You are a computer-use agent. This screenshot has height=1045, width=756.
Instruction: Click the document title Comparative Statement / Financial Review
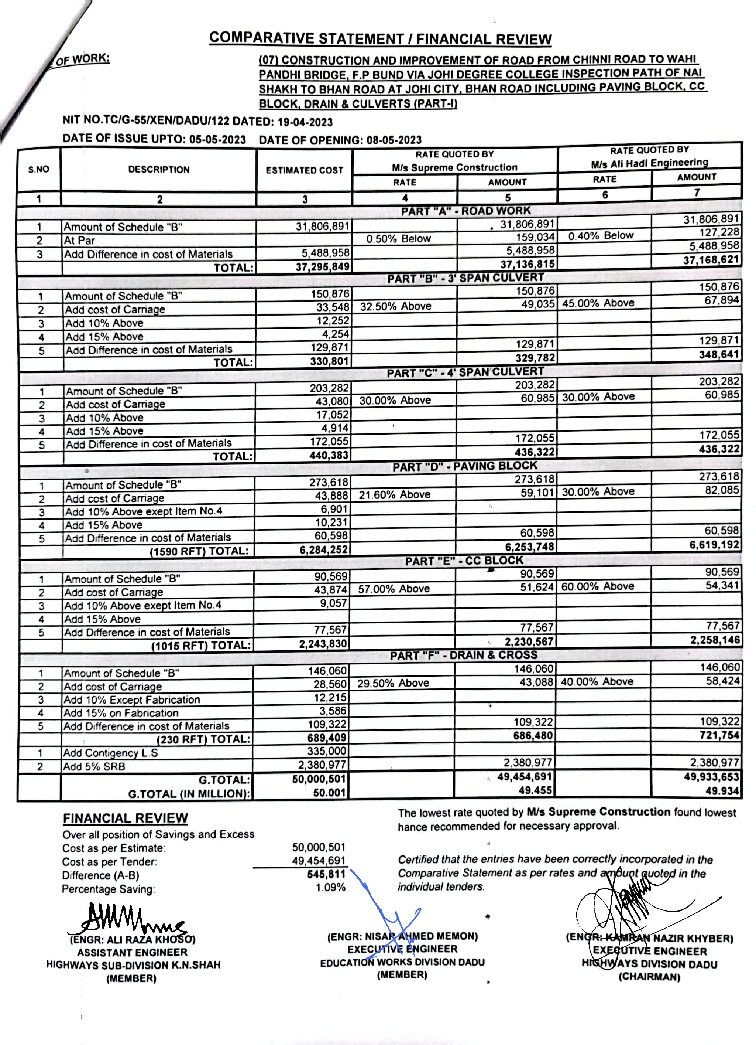click(380, 38)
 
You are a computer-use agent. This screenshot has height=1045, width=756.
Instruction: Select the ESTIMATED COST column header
click(304, 170)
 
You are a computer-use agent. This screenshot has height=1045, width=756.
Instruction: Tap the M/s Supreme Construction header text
click(454, 167)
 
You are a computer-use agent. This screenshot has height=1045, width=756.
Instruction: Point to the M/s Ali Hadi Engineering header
click(649, 163)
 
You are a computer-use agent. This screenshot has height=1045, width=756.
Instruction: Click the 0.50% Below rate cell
click(398, 239)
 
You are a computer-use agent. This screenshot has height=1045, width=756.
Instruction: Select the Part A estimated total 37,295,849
click(322, 267)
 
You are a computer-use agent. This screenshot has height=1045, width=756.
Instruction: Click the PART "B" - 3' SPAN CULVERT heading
click(465, 278)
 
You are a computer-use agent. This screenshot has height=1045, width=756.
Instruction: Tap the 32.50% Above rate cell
click(395, 306)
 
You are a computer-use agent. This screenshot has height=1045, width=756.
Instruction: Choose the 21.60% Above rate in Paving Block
click(395, 494)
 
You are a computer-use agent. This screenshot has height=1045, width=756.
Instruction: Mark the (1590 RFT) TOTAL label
click(199, 551)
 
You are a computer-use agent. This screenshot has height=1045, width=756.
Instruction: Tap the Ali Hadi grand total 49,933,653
click(711, 777)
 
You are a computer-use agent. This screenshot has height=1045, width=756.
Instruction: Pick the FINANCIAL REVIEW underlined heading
click(125, 818)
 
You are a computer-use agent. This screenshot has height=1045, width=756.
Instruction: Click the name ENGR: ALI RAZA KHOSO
click(133, 939)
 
